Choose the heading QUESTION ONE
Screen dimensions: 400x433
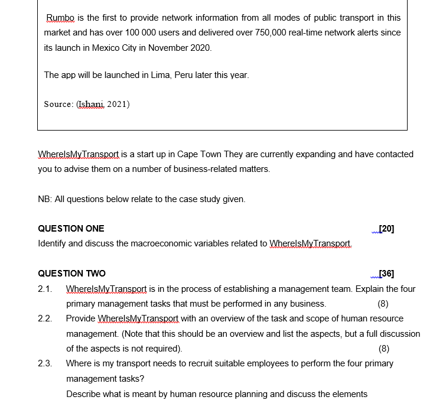[x=71, y=229]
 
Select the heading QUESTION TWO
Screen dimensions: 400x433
[x=71, y=274]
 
